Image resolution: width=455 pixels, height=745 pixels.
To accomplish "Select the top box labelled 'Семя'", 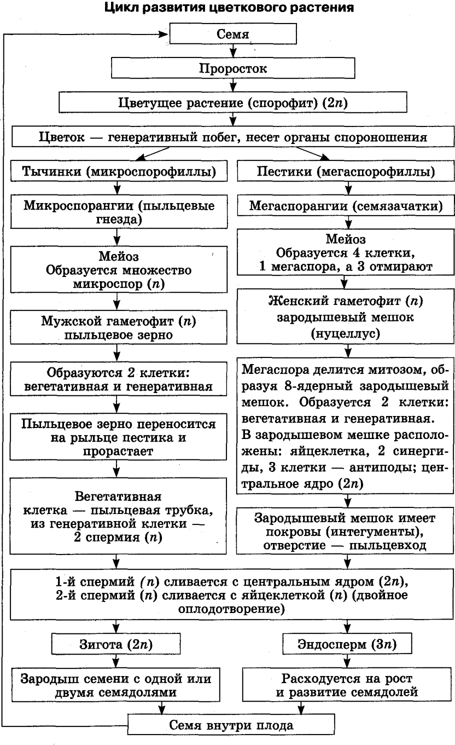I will pyautogui.click(x=233, y=34).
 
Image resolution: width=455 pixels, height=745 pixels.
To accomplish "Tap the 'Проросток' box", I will pyautogui.click(x=233, y=68).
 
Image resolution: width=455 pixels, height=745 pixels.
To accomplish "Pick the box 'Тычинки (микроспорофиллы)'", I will pyautogui.click(x=119, y=171).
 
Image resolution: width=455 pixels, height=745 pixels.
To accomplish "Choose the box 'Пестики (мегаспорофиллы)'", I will pyautogui.click(x=345, y=171).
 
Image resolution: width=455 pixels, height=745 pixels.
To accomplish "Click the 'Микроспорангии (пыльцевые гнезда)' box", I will pyautogui.click(x=119, y=212).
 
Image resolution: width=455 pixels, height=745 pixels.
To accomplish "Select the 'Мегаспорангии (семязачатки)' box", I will pyautogui.click(x=345, y=205).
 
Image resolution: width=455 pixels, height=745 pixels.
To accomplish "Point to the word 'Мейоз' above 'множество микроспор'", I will pyautogui.click(x=118, y=256).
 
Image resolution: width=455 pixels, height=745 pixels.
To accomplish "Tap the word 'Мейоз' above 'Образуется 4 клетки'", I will pyautogui.click(x=345, y=239).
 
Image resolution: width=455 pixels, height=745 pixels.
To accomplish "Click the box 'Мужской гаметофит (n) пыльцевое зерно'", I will pyautogui.click(x=118, y=328).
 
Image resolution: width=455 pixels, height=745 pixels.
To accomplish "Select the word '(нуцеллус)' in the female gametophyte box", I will pyautogui.click(x=345, y=333).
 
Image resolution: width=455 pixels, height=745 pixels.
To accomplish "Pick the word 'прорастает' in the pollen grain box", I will pyautogui.click(x=118, y=451).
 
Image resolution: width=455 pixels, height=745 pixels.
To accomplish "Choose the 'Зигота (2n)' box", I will pyautogui.click(x=116, y=644).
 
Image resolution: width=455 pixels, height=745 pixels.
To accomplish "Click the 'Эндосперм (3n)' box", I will pyautogui.click(x=347, y=644).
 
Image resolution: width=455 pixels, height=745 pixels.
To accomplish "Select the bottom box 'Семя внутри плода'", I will pyautogui.click(x=231, y=725).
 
